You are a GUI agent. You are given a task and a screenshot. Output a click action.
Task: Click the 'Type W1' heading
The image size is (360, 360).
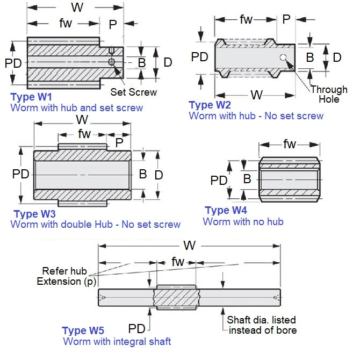pos(32,97)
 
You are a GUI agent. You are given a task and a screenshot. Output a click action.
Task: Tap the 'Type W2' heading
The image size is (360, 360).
pos(210,105)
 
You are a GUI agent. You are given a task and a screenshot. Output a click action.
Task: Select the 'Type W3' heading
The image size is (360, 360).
pos(33,214)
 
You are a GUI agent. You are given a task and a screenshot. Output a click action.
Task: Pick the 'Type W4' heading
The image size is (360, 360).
pos(226,210)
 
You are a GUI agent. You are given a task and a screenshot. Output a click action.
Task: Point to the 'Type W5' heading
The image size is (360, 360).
pos(83,330)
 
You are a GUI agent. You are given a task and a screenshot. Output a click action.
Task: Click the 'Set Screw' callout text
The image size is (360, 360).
pos(133,92)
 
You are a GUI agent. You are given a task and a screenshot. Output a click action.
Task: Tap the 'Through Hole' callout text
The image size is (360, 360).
pos(329,94)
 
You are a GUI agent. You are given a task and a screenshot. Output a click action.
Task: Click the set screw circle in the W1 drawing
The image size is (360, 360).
pos(112,63)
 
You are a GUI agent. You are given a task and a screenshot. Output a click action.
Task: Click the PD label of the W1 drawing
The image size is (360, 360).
pos(13,63)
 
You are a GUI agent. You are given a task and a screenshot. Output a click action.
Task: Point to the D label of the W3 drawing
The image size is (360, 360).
pos(159,175)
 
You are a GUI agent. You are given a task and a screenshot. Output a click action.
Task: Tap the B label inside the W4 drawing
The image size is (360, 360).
pos(247,179)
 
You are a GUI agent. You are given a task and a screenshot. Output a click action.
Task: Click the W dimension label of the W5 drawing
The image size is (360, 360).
pos(189,246)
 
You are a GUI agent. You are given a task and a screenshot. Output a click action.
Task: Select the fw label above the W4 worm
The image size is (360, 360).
pos(290,144)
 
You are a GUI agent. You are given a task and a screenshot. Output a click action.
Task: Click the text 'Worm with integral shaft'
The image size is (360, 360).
pos(117,341)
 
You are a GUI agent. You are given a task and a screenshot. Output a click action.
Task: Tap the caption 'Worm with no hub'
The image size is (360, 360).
pos(243,221)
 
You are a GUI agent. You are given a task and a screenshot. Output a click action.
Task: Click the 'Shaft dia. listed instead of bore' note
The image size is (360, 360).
pos(262,325)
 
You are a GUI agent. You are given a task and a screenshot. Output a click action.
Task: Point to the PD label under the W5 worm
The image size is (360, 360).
pos(136,328)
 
